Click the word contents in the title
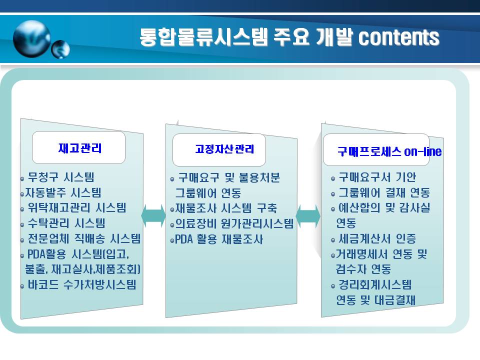click(x=399, y=37)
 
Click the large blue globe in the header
click(x=32, y=38)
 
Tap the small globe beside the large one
click(x=60, y=49)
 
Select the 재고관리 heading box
click(x=78, y=147)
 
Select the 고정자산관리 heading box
click(x=219, y=149)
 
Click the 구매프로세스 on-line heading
click(x=389, y=151)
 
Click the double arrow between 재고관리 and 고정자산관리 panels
click(x=153, y=216)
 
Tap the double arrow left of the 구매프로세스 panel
click(x=308, y=216)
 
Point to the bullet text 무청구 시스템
click(x=61, y=177)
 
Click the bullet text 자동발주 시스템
click(x=63, y=192)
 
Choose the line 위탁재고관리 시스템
click(x=77, y=208)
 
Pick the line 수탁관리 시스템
click(x=66, y=223)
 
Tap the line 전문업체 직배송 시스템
click(x=84, y=238)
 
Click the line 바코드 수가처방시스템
click(x=82, y=284)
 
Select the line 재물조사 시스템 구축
click(x=226, y=208)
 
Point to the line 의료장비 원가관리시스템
click(x=234, y=223)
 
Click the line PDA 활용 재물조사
click(x=219, y=239)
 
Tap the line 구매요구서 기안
click(x=377, y=177)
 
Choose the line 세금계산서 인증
click(x=377, y=238)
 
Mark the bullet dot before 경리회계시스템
click(x=333, y=286)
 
